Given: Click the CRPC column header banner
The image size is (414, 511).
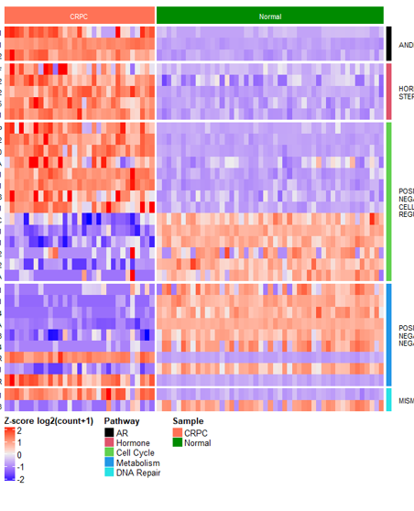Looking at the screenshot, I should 79,16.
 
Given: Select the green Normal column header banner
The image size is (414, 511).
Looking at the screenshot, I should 269,16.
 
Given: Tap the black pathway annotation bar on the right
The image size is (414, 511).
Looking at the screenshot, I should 388,43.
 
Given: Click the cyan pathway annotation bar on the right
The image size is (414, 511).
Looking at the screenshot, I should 388,400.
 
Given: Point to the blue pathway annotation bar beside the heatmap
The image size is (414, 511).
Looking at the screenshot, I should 388,333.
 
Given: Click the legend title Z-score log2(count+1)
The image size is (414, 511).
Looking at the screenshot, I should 48,420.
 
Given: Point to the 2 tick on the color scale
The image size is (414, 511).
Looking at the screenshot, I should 19,431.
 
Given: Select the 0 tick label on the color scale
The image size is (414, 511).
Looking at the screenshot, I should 19,455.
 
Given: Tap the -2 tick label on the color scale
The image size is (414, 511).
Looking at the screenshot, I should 20,478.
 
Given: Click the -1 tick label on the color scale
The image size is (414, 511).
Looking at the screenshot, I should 20,466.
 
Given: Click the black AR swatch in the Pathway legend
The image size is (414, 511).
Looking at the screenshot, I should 109,432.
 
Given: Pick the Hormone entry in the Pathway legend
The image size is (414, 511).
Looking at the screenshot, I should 133,443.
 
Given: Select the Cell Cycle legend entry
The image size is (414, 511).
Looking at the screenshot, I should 136,453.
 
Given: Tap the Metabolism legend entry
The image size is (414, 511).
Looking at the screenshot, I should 137,463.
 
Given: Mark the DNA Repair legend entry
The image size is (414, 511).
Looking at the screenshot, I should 137,473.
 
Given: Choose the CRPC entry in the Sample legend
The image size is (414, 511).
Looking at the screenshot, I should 195,432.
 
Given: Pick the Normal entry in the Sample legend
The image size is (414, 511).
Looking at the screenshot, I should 197,443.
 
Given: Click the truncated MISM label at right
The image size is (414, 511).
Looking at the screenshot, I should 406,400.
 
